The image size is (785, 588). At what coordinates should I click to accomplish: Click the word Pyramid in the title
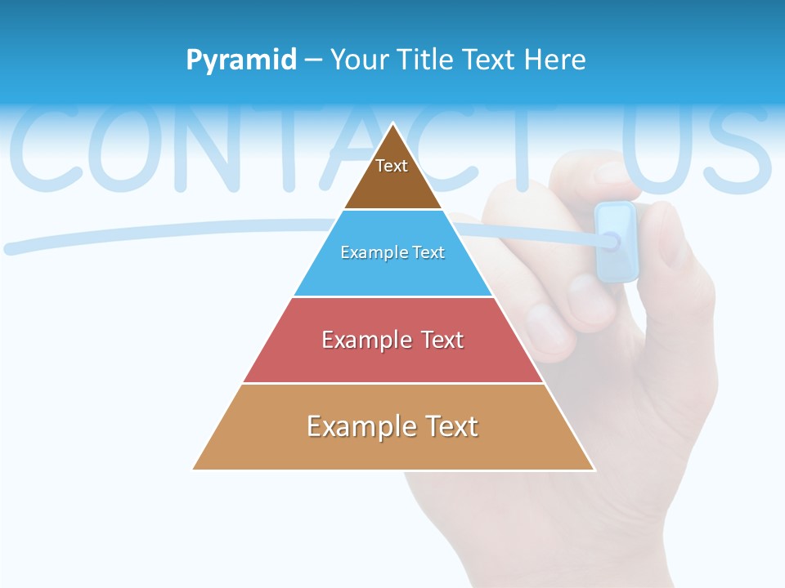tap(241, 60)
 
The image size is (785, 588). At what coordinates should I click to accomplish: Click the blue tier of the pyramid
tap(393, 274)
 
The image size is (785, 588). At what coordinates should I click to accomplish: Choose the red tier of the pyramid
tap(393, 359)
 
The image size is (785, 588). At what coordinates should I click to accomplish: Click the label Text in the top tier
tap(392, 167)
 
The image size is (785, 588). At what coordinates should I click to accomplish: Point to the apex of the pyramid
tap(393, 124)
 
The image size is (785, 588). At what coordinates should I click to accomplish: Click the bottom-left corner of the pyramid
tap(194, 469)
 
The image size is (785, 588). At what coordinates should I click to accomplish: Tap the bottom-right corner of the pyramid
tap(594, 469)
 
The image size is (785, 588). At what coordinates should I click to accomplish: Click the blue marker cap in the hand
tap(616, 242)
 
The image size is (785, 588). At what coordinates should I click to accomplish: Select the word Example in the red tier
tap(366, 340)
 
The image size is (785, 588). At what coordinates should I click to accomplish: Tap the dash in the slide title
tap(313, 60)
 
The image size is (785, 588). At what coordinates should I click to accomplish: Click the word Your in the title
tap(359, 60)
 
